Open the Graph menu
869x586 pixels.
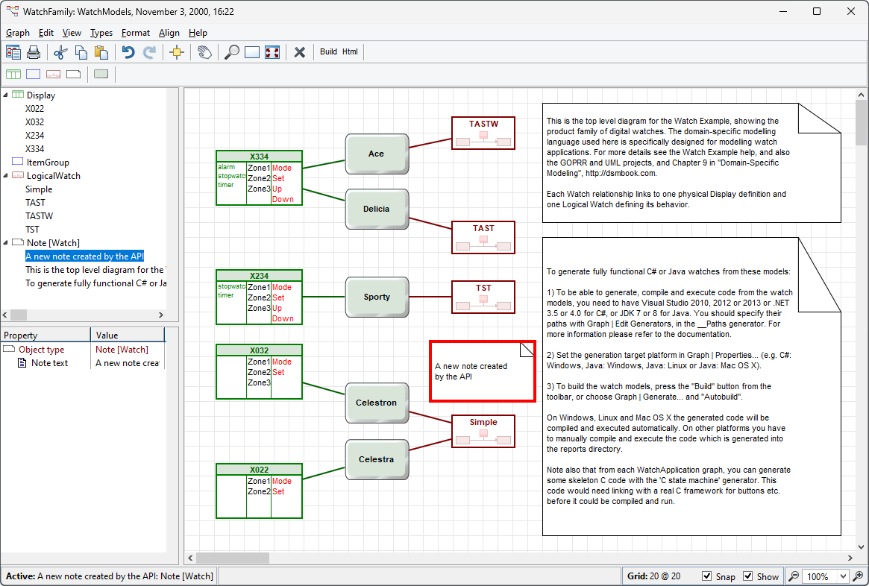[x=18, y=33]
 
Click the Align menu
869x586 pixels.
[x=169, y=33]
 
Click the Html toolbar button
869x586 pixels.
[x=350, y=51]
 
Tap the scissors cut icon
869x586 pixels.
[x=61, y=52]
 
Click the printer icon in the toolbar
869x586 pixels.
[x=33, y=52]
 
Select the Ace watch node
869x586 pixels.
[x=377, y=154]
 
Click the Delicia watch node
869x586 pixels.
[x=377, y=209]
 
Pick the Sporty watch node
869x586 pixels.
[x=377, y=297]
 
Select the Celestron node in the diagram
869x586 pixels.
[x=377, y=403]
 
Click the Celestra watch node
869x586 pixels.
[x=377, y=459]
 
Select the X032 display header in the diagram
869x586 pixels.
[x=259, y=350]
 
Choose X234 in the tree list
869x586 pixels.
[x=34, y=136]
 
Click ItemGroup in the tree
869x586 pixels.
[x=48, y=163]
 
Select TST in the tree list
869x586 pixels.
[x=32, y=230]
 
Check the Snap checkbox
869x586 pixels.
[x=707, y=576]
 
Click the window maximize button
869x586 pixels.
[x=817, y=11]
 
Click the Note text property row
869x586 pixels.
[x=50, y=363]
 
